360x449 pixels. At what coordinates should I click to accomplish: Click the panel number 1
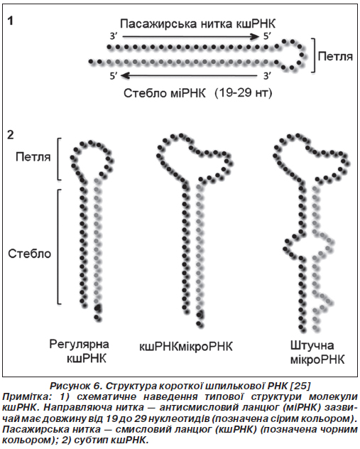pos(11,21)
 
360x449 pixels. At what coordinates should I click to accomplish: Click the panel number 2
pos(11,135)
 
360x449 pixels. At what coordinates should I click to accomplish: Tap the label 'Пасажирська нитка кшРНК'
pos(197,23)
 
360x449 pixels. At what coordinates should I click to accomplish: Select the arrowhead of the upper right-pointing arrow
pos(254,36)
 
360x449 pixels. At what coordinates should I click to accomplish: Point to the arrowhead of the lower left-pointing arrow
pos(126,75)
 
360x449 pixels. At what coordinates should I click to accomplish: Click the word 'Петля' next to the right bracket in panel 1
pos(335,56)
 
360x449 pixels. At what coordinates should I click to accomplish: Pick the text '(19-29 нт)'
pos(244,92)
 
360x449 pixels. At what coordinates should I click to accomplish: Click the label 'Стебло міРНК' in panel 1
pos(165,93)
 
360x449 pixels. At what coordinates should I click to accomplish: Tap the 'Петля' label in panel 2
pos(33,156)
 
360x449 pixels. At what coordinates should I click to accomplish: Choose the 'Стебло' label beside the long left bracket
pos(30,254)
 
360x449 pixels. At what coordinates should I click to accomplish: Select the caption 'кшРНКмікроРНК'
pos(186,347)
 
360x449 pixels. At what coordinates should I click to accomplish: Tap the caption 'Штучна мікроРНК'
pos(317,352)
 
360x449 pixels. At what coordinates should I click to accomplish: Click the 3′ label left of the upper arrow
pos(114,37)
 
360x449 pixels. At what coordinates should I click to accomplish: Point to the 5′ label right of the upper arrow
pos(266,36)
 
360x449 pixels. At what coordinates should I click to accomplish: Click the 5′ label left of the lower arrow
pos(114,76)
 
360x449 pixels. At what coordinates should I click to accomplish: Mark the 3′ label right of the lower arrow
pos(267,76)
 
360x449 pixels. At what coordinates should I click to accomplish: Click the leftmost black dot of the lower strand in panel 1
pos(91,61)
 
